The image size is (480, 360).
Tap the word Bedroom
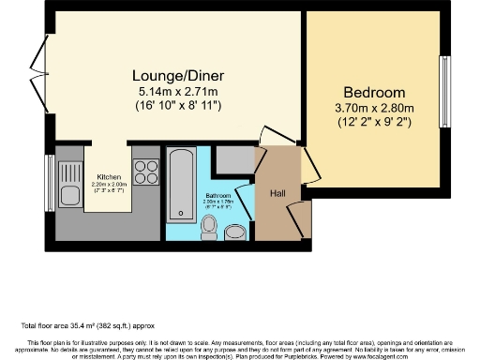point(373,92)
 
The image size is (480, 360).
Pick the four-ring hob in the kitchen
point(146,172)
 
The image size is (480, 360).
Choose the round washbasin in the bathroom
point(237,231)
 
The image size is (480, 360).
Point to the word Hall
point(278,193)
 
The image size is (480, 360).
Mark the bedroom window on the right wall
point(445,85)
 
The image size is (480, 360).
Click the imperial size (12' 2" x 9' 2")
point(373,122)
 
